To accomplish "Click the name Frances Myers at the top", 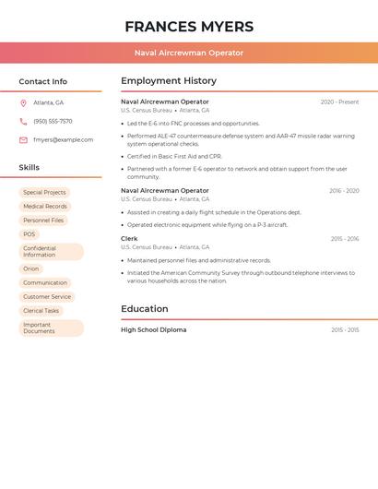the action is click(x=189, y=27).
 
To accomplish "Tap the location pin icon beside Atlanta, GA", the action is click(x=23, y=102).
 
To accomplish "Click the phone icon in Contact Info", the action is click(x=23, y=121).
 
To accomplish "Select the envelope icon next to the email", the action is click(x=23, y=140).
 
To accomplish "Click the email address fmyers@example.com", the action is click(x=63, y=140).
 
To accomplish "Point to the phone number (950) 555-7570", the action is click(x=53, y=121).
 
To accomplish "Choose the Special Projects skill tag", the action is click(x=44, y=193).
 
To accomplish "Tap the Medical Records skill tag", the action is click(x=44, y=207).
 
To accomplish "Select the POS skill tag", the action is click(x=30, y=234).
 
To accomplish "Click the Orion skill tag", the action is click(x=31, y=268).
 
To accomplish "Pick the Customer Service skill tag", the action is click(x=47, y=297).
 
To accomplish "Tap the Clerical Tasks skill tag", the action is click(x=41, y=311).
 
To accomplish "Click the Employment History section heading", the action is click(x=169, y=81).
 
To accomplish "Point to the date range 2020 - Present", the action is click(x=339, y=102).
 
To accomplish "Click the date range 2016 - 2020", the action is click(x=344, y=191).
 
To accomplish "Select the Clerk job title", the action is click(x=129, y=239).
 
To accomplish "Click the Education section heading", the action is click(x=145, y=309).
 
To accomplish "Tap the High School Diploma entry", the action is click(x=153, y=330).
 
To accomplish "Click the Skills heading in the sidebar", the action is click(x=30, y=168).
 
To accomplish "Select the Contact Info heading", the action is click(x=43, y=81).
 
